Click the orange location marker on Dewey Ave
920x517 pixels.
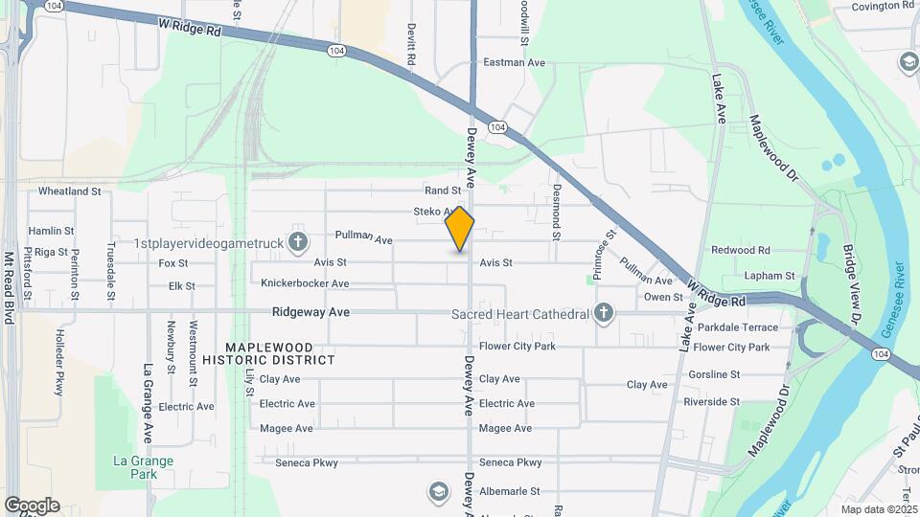point(460,229)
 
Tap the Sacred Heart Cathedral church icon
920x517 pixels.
point(604,313)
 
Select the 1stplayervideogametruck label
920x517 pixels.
point(209,243)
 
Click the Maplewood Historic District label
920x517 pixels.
point(268,352)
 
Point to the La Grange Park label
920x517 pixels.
point(144,467)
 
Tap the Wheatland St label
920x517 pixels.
point(70,191)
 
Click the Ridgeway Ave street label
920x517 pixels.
point(310,312)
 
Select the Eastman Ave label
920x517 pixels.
point(514,62)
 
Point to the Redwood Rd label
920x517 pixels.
point(741,250)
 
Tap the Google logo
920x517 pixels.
point(32,505)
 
